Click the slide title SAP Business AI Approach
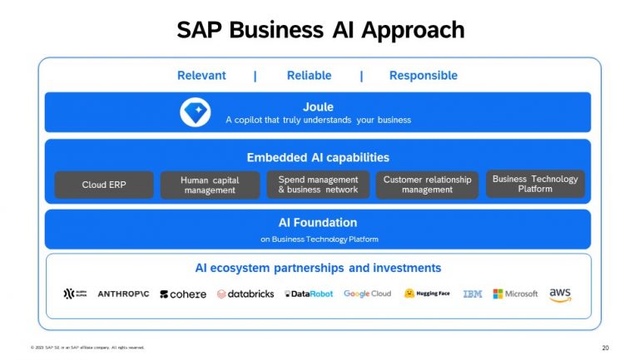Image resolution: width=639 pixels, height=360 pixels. point(319,30)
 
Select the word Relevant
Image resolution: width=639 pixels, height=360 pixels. point(201,76)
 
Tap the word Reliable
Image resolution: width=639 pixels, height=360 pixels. point(309,76)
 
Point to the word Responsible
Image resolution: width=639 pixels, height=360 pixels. point(423,76)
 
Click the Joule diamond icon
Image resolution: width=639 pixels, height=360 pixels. point(196,112)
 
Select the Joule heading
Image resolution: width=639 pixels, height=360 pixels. point(318,106)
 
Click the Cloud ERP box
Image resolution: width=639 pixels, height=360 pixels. point(104,185)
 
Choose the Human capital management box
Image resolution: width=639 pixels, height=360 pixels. point(210,185)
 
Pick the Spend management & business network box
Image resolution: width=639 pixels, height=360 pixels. point(318,185)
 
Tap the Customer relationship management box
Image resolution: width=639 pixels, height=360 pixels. point(427,185)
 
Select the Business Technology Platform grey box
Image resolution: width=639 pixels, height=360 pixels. point(535,184)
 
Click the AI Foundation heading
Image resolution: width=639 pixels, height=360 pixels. point(318,223)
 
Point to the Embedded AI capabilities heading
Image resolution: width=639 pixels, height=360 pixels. point(318,157)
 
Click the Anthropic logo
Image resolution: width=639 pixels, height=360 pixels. point(123,294)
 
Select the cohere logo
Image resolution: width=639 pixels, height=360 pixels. point(183,294)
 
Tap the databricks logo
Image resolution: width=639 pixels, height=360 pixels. point(245,294)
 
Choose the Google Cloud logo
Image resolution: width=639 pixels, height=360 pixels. point(367,294)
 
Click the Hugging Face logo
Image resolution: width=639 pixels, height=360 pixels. point(427,293)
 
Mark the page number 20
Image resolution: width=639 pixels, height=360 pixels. point(605,348)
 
